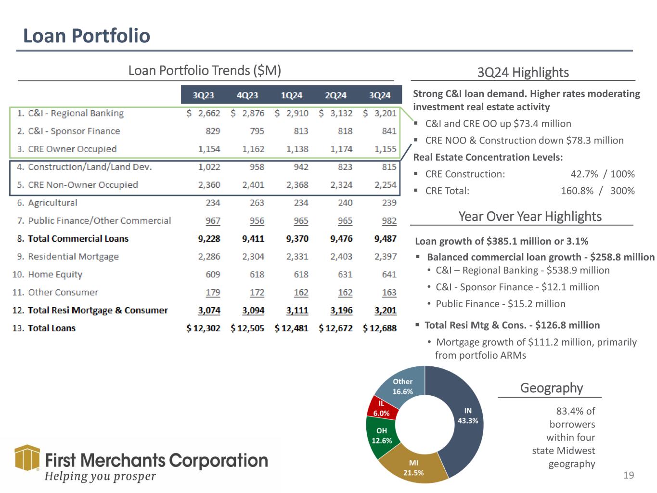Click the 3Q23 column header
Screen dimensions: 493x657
[203, 95]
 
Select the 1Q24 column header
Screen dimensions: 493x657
[291, 95]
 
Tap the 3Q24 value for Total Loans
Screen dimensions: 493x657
[380, 328]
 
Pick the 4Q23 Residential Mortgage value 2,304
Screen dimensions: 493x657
[253, 257]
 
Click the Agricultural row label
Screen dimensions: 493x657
[52, 203]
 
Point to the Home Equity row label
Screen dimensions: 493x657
[55, 274]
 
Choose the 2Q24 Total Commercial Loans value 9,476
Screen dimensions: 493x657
[341, 239]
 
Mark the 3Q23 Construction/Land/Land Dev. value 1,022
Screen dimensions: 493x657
[209, 167]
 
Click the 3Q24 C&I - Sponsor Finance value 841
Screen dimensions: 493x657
[389, 131]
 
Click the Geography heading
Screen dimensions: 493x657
[551, 388]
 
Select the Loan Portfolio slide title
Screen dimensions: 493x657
[87, 36]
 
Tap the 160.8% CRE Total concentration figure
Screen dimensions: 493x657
[577, 191]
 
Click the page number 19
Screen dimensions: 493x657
[629, 476]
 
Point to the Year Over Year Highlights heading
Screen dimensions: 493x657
[530, 217]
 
